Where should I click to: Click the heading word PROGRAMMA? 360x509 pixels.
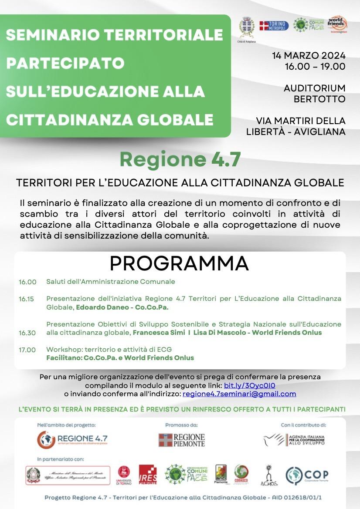(x=179, y=263)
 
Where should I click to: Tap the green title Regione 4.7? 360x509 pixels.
(x=180, y=159)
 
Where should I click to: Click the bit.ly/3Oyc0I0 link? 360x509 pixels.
(x=249, y=385)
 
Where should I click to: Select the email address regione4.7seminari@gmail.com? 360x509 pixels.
(x=239, y=394)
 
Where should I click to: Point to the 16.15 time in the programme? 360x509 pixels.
(x=26, y=299)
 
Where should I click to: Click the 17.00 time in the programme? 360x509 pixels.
(x=27, y=350)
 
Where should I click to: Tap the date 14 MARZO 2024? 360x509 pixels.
(x=309, y=56)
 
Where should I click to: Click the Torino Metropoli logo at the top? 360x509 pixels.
(x=273, y=26)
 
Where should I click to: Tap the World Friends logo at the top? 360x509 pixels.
(x=337, y=25)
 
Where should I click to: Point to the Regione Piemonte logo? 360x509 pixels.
(x=181, y=440)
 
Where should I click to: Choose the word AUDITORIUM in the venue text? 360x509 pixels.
(x=315, y=88)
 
